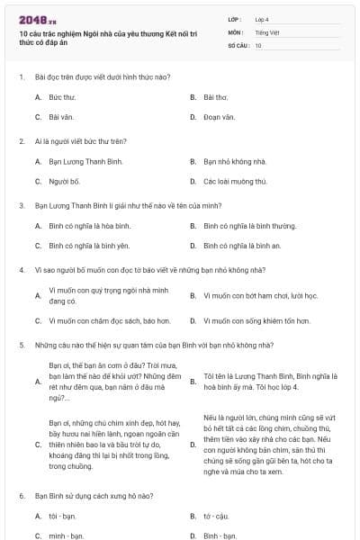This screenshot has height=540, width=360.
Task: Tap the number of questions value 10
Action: [x=258, y=45]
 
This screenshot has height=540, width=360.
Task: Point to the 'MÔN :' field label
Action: [x=237, y=32]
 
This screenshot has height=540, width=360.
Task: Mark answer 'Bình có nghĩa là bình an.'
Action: [x=242, y=245]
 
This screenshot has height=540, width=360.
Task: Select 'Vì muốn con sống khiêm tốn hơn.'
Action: [x=256, y=319]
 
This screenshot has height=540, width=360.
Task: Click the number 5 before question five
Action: [x=21, y=345]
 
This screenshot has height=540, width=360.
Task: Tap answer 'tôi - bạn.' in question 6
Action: [x=64, y=517]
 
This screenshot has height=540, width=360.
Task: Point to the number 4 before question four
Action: [x=21, y=270]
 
